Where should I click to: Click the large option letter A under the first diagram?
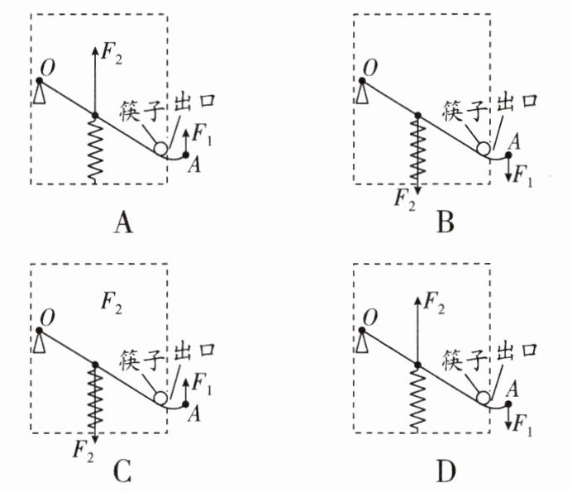pos(123,222)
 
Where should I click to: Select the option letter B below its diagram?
pos(446,222)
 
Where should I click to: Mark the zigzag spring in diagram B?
pos(417,149)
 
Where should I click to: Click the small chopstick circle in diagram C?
pos(160,398)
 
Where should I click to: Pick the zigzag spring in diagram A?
pos(95,149)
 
